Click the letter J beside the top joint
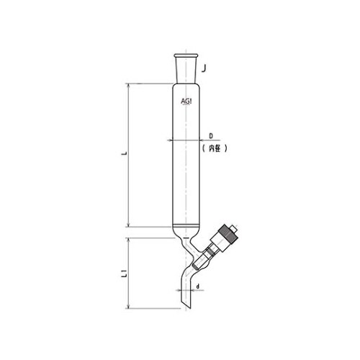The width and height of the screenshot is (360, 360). [x=205, y=69]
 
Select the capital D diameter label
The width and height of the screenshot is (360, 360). [x=211, y=135]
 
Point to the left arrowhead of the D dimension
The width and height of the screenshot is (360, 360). [x=174, y=140]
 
